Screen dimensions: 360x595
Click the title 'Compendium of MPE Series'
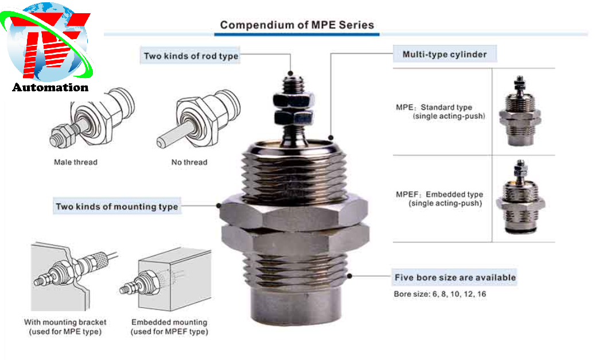[x=297, y=25]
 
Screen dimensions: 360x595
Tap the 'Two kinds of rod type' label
[x=190, y=56]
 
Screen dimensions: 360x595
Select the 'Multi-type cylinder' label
[x=444, y=55]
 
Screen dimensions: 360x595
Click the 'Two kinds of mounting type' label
[x=116, y=207]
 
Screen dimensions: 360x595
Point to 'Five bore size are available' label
[x=454, y=278]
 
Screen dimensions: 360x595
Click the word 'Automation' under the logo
[x=50, y=88]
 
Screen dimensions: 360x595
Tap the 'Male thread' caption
[x=76, y=162]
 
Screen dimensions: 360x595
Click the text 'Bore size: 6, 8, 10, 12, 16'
[x=440, y=295]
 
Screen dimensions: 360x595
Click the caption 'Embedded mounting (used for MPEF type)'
[x=169, y=327]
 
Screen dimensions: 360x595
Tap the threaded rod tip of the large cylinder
[x=291, y=80]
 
